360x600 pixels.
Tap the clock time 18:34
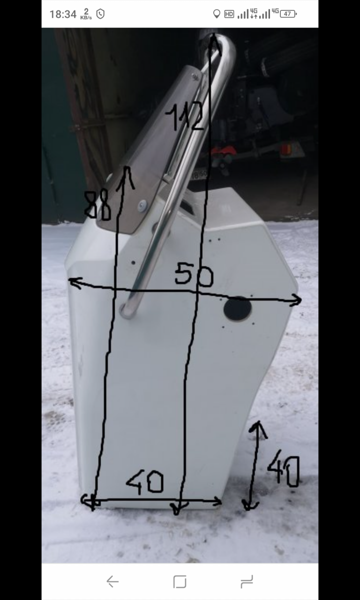tap(63, 14)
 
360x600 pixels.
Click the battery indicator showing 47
tap(288, 14)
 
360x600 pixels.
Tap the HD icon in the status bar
tap(229, 14)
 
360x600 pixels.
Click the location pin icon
tap(217, 14)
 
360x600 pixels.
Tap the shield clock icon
tap(100, 14)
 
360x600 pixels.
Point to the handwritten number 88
tap(97, 205)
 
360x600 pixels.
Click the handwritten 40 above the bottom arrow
tap(145, 481)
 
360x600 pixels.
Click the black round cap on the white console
tap(237, 308)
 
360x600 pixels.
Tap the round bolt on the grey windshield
tap(142, 206)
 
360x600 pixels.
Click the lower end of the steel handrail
tap(127, 311)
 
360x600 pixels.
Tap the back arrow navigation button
tap(112, 582)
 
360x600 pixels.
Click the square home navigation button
tap(180, 582)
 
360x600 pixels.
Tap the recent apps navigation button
tap(247, 582)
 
